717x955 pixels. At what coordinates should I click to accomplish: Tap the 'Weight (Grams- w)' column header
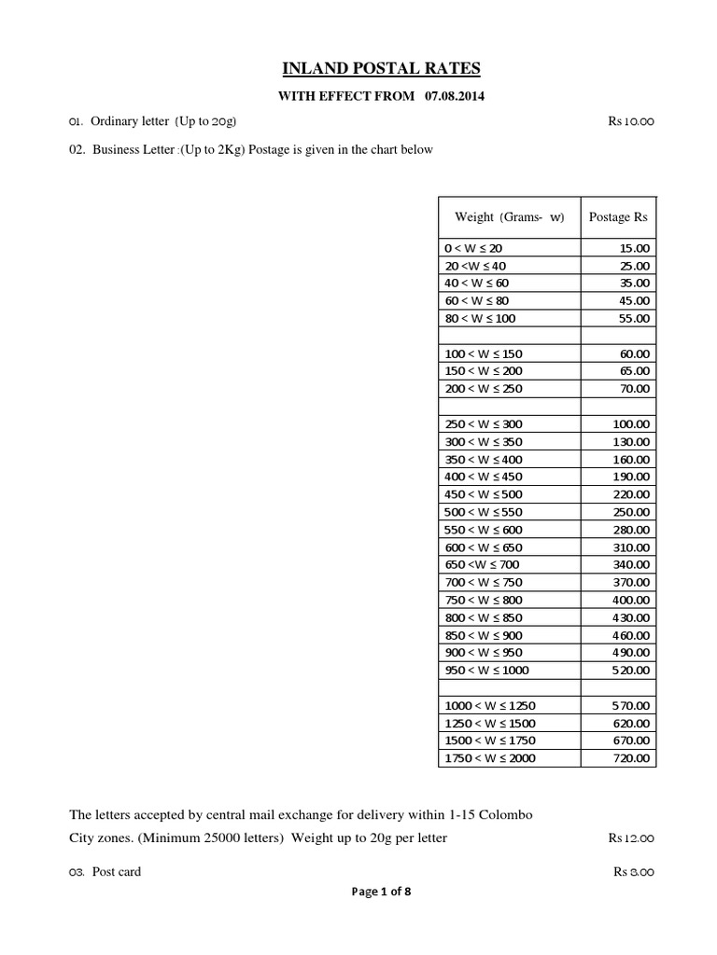pos(509,217)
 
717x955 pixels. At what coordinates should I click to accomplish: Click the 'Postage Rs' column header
pos(618,217)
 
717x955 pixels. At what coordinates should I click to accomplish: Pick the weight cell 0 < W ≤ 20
pos(473,248)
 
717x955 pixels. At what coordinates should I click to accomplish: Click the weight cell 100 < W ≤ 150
pos(484,354)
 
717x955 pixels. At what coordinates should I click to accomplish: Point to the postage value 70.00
pos(635,389)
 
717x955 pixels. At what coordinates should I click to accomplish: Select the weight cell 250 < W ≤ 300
pos(484,424)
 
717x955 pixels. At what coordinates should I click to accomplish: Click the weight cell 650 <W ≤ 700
pos(482,564)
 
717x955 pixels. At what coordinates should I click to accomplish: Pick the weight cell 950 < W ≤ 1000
pos(486,671)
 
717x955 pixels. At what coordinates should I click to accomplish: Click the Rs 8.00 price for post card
pos(635,873)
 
